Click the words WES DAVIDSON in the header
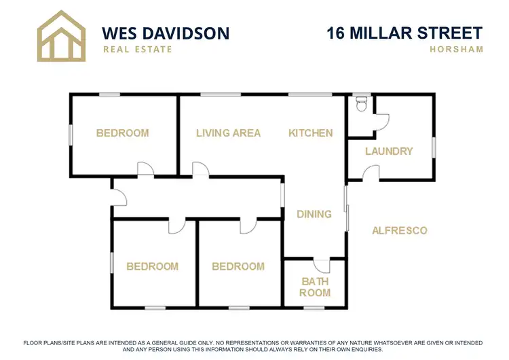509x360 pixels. coord(165,33)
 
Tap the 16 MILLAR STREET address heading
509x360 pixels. coord(404,33)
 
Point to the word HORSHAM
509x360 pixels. coord(456,49)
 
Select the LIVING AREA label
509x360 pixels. coord(228,133)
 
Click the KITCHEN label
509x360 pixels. coord(311,133)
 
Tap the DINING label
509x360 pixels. coord(314,214)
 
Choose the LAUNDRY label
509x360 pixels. coord(389,151)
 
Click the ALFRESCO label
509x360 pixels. coord(400,230)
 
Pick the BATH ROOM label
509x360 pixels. coord(315,287)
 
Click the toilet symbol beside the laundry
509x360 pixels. coord(362,104)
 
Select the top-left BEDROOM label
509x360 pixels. coord(122,133)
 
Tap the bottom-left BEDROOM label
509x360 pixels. coord(153,266)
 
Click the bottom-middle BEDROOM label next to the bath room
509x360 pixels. coord(238,266)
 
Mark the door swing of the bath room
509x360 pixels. coord(320,266)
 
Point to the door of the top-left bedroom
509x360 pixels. coord(145,169)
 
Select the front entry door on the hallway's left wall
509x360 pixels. coord(119,197)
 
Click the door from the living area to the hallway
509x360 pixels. coord(200,170)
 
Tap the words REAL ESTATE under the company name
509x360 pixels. coord(137,49)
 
